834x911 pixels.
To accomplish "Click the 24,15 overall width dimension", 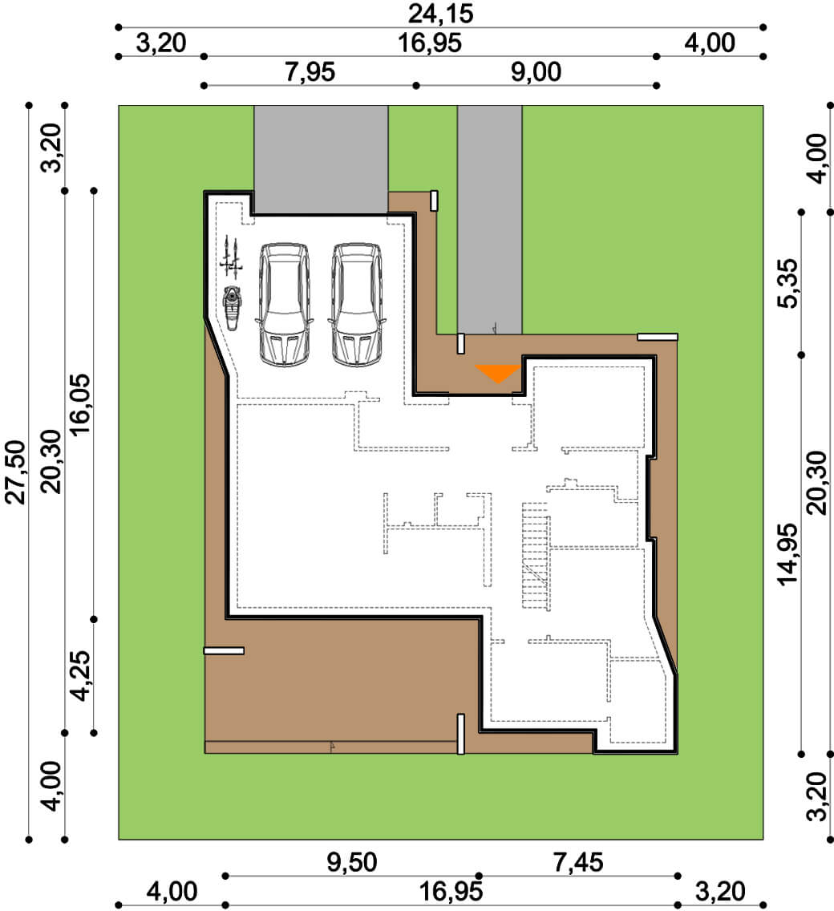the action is (x=440, y=14).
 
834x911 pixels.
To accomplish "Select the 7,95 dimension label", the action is (x=310, y=72).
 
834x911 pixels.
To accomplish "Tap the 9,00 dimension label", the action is (x=536, y=72).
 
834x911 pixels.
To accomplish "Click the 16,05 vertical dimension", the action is (x=80, y=404).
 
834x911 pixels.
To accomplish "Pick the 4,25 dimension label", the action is (x=80, y=675).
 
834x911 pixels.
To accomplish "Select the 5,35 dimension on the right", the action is (x=788, y=283).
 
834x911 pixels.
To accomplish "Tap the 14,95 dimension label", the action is (x=788, y=554).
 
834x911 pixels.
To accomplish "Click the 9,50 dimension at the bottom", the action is (x=351, y=862).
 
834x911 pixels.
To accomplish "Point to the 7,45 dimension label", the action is (x=577, y=862).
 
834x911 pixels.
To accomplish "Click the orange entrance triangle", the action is (x=497, y=372).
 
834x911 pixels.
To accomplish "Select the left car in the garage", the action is (x=283, y=305).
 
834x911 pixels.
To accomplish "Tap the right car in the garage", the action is (x=356, y=305).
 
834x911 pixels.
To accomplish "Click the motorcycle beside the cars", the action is (x=232, y=308).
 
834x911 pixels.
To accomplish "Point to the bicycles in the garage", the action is (x=231, y=257).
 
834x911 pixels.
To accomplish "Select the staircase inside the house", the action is (x=535, y=556).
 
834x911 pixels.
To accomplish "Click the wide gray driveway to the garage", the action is (x=321, y=160).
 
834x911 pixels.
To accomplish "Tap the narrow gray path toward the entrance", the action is (x=489, y=220).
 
